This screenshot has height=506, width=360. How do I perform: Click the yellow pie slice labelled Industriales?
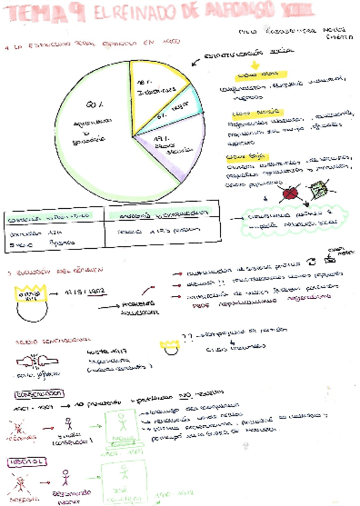(154, 90)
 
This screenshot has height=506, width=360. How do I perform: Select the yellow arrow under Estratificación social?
(253, 66)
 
